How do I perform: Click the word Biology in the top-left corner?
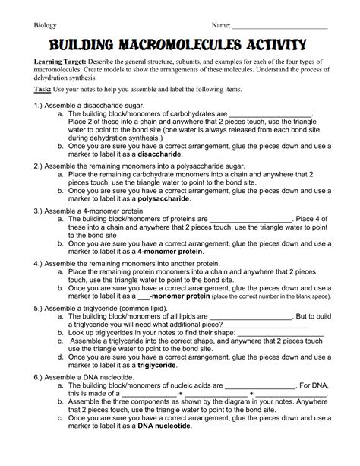46,24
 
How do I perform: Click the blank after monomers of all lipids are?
255,315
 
